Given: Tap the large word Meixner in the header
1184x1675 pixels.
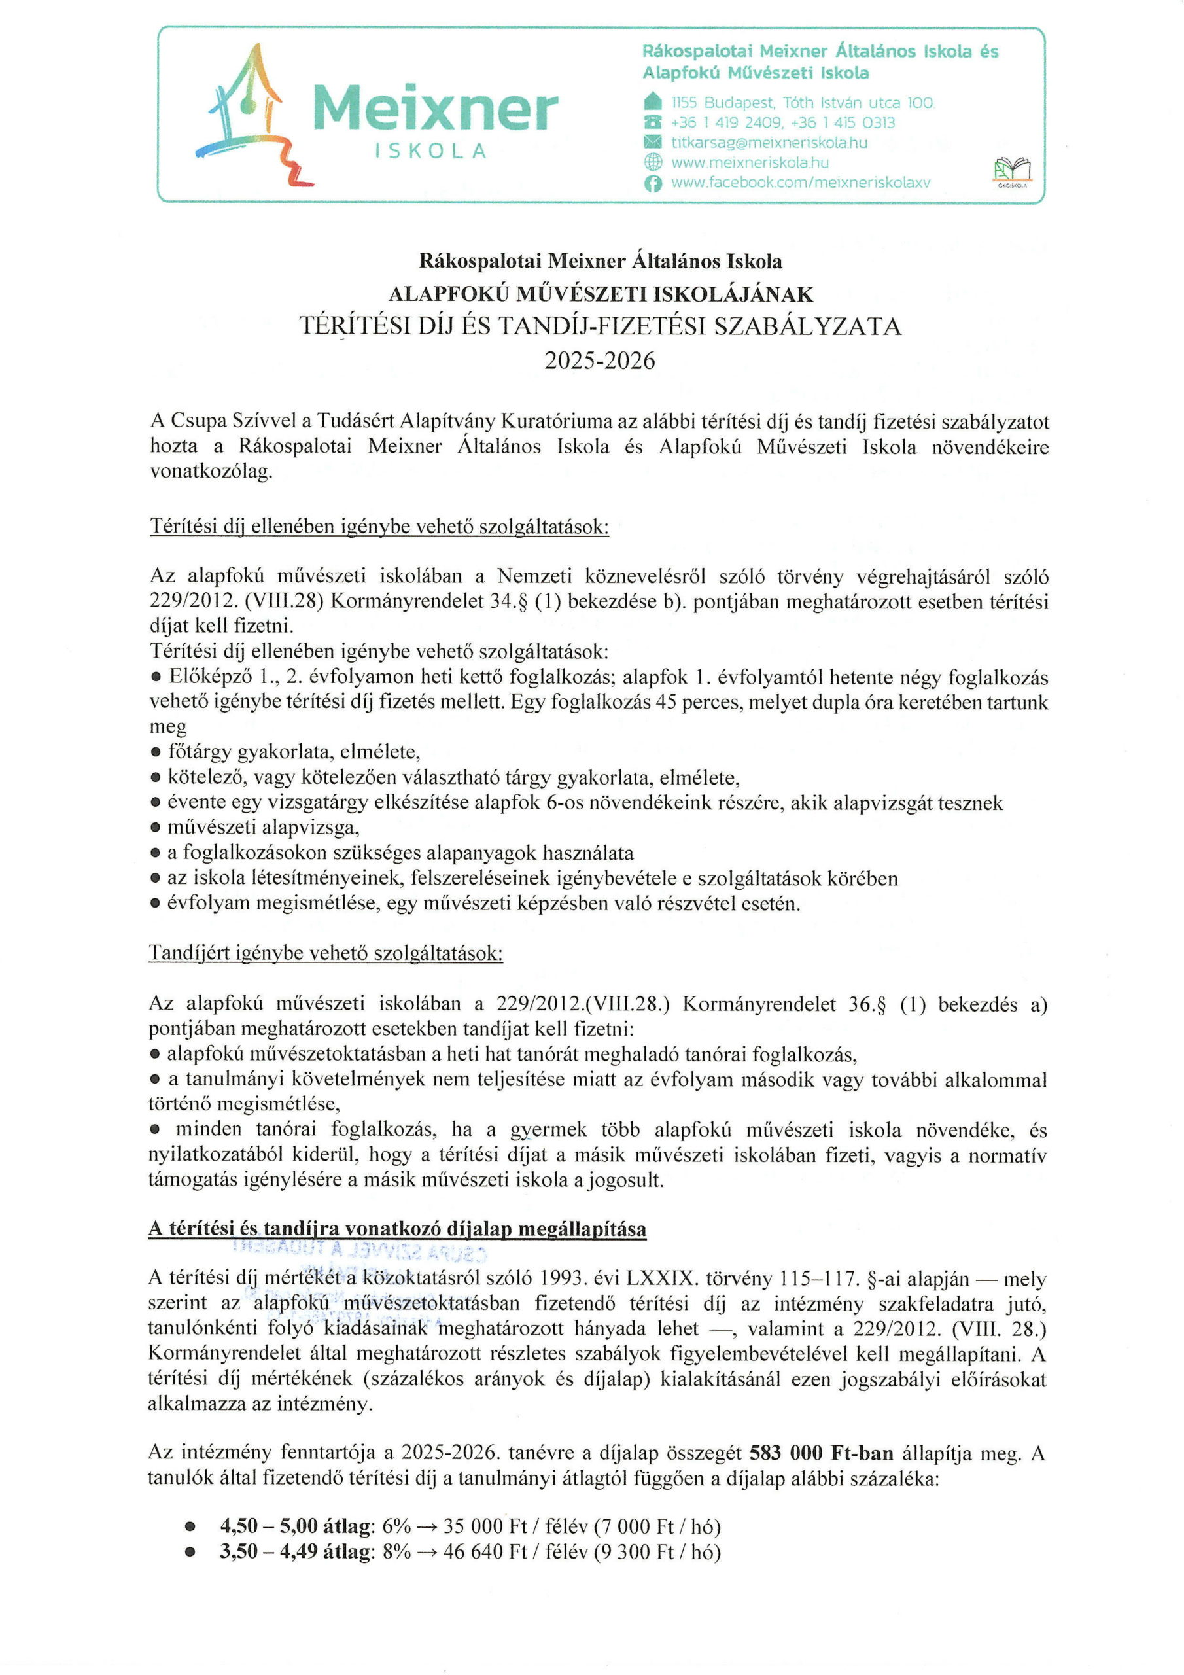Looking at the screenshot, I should (x=435, y=109).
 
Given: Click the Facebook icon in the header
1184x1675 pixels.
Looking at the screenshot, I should (x=653, y=184).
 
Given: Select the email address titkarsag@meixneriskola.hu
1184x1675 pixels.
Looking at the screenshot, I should (x=769, y=142).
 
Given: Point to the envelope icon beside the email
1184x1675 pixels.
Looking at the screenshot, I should (x=653, y=142).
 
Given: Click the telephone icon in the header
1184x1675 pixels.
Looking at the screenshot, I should (x=653, y=122).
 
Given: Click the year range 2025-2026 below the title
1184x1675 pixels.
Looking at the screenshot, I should (x=599, y=361).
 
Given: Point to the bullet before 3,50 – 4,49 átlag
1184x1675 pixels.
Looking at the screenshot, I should (x=190, y=1553).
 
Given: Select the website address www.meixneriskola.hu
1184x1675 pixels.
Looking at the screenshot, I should (x=750, y=163).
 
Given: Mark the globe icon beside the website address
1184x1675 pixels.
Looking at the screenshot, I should (x=653, y=163).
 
